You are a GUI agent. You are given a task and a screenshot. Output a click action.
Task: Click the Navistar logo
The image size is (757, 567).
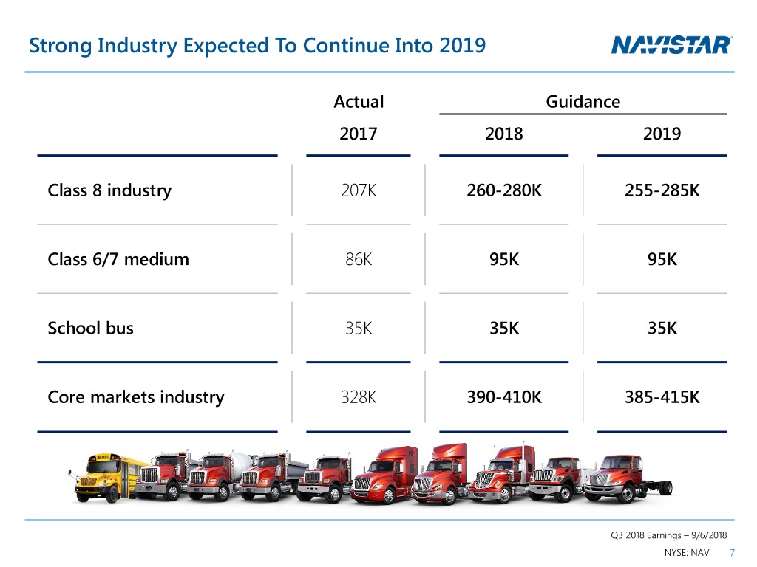point(671,46)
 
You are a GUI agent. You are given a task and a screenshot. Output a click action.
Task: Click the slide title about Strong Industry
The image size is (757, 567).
point(257,47)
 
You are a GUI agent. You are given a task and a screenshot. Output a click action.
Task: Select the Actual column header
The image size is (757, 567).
point(359,101)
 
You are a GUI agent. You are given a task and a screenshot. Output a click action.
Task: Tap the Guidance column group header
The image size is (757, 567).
point(583,101)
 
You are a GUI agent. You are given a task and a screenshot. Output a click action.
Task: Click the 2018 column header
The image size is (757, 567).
point(503,134)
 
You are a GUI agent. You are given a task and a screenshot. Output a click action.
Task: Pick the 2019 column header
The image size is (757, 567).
point(662,134)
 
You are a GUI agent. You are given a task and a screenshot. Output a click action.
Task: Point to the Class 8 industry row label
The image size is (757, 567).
point(109,190)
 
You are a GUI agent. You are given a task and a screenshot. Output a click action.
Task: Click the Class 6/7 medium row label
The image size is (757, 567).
point(118,259)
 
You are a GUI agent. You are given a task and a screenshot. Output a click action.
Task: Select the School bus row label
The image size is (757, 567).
point(91,328)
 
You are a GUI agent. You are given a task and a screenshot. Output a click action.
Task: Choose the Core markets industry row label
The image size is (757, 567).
point(136,397)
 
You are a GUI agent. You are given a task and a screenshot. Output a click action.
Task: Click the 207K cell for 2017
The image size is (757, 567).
point(359,190)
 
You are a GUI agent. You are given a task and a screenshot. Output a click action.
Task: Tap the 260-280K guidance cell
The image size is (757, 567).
point(504,190)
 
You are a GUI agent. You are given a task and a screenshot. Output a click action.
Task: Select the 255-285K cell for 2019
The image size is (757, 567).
point(662,190)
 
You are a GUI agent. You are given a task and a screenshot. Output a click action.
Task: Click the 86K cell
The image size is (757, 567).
point(359,259)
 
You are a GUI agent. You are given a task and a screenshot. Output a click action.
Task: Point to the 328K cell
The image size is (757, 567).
point(359,397)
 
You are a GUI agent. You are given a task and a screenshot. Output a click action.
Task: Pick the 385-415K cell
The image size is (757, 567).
point(662,397)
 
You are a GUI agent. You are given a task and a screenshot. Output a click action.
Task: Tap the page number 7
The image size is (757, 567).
point(732,554)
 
